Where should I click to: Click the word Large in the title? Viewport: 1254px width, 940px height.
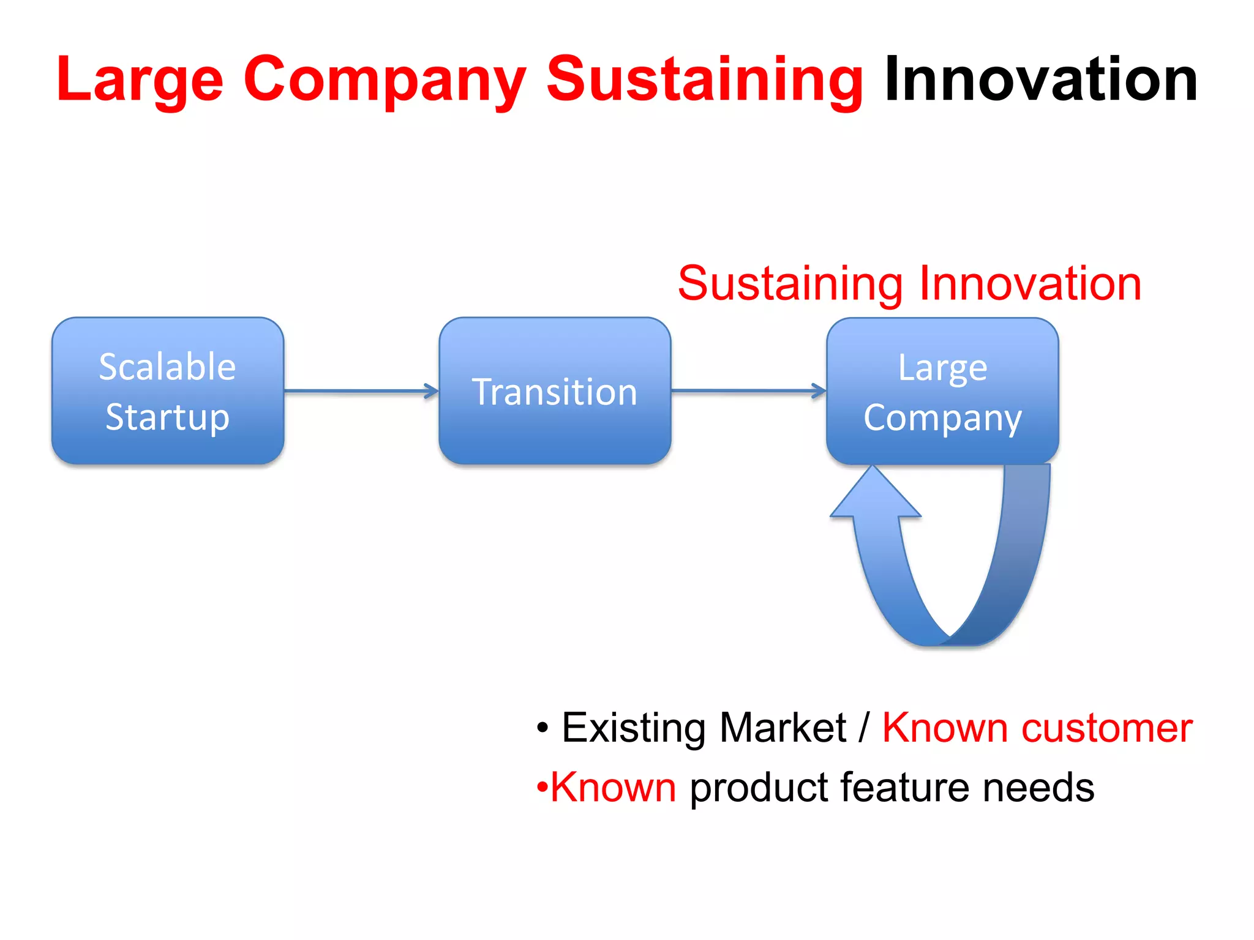[x=140, y=80]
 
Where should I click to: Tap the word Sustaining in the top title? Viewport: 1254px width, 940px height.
[x=704, y=80]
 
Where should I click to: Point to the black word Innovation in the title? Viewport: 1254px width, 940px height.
[x=1040, y=80]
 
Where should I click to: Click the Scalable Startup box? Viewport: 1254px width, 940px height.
[x=168, y=390]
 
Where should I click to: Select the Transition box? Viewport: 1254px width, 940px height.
[x=555, y=390]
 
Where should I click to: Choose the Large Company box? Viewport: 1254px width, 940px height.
[x=942, y=390]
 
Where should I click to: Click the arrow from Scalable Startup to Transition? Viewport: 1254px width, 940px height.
[x=361, y=390]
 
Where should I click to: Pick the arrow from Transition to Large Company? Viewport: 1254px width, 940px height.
[x=748, y=390]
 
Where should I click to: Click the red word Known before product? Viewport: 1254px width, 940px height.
[x=614, y=787]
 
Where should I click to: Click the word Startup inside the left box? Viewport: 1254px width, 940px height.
[x=168, y=417]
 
